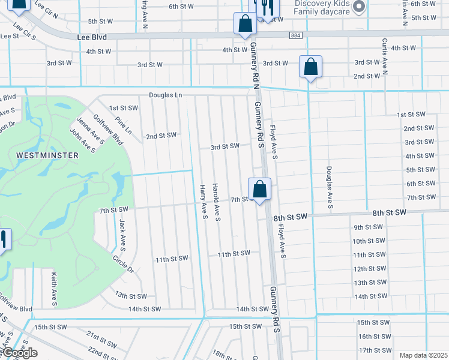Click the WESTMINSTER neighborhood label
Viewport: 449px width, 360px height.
[47, 155]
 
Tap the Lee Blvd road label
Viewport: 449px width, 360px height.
[92, 37]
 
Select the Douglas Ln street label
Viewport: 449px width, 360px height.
[165, 95]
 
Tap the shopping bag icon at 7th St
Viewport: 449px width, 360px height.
[259, 190]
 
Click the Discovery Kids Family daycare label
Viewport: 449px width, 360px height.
[322, 7]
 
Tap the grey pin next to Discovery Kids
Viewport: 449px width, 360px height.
[359, 7]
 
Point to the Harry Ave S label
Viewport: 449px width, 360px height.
[203, 201]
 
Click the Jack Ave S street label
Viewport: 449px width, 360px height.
[122, 235]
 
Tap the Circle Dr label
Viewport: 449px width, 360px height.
[123, 264]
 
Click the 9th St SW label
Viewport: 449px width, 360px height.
[368, 227]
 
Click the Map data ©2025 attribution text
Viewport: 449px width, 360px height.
[423, 355]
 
